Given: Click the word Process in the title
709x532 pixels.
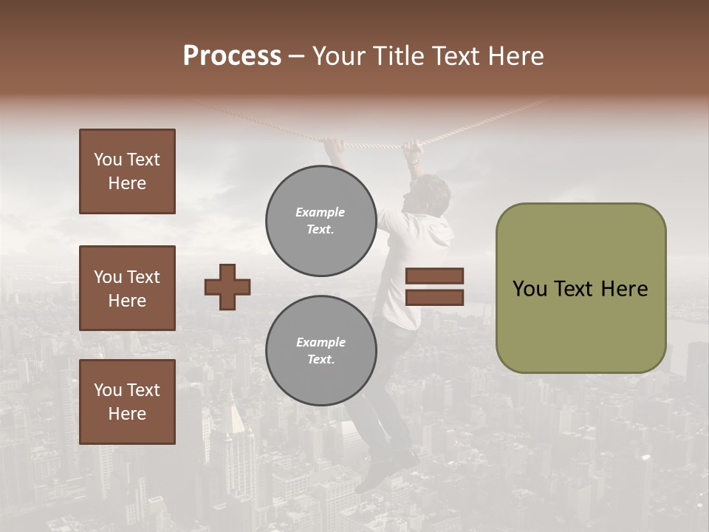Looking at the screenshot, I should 232,56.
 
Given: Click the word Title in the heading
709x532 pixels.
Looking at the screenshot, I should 398,56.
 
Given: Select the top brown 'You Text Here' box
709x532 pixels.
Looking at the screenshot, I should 127,171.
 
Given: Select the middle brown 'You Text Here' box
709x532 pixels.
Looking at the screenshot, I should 127,288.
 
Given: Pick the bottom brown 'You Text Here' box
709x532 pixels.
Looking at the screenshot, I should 127,402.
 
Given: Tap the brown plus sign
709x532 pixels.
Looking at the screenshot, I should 227,286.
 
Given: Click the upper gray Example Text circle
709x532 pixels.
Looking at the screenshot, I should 321,221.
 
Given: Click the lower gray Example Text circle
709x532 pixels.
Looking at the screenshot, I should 321,351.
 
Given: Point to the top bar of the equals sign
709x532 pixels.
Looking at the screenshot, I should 434,276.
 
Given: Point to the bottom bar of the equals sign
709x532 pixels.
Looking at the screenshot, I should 434,297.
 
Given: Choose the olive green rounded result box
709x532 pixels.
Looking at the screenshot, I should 580,288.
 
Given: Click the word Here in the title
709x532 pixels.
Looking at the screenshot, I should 517,56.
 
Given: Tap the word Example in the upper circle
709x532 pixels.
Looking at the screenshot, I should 320,212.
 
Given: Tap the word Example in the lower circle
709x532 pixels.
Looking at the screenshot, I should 321,342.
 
